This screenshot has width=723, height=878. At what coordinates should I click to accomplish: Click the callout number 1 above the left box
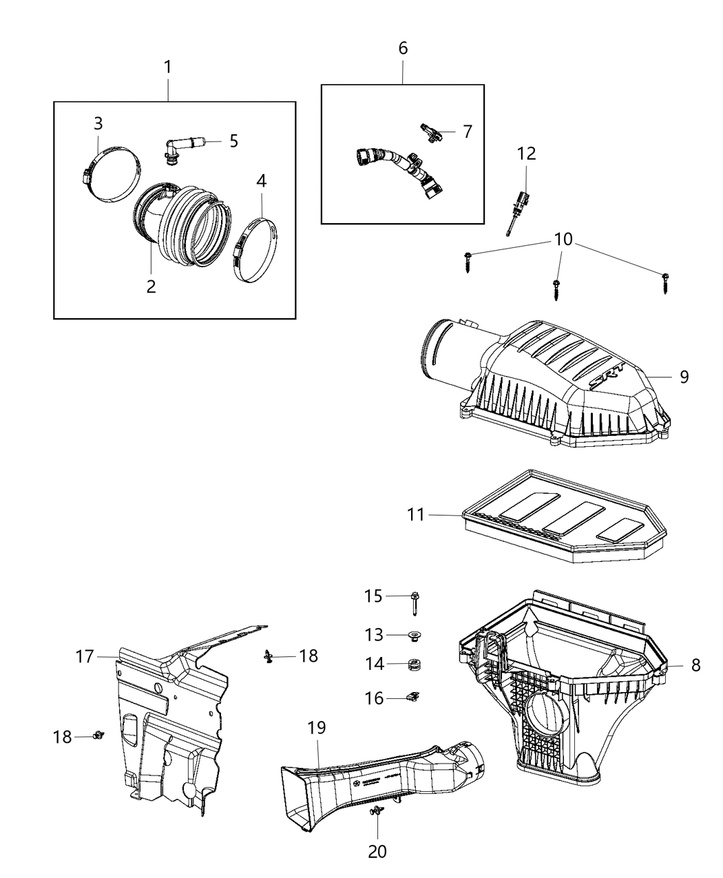click(167, 67)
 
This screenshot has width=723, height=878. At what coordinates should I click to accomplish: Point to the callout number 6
click(403, 48)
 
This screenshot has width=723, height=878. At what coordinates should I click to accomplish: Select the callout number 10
click(563, 239)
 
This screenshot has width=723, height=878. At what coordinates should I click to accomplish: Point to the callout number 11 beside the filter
click(416, 514)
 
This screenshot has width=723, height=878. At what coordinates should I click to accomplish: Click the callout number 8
click(695, 665)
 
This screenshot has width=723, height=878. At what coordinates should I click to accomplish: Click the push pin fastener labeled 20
click(377, 813)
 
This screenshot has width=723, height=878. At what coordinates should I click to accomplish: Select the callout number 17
click(85, 657)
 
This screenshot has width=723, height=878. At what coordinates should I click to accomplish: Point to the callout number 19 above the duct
click(317, 727)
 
